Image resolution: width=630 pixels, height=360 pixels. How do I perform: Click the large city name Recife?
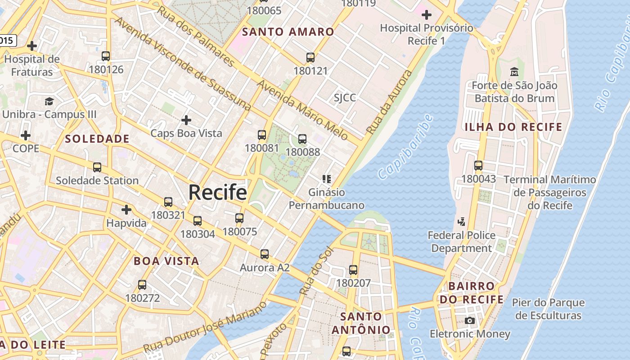[218, 193]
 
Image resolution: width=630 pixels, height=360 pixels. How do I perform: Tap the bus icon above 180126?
[106, 56]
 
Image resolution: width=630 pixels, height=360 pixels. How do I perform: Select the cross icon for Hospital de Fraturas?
[32, 46]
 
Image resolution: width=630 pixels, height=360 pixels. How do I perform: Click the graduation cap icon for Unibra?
[49, 101]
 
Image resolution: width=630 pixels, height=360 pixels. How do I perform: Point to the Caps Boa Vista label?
[186, 133]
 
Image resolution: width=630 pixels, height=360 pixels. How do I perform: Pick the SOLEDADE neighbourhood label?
[97, 139]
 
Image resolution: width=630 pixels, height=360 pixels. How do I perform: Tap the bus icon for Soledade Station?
[97, 167]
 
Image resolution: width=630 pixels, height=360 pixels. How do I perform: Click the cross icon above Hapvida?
[126, 210]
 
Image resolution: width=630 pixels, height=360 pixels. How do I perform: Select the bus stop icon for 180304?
[198, 221]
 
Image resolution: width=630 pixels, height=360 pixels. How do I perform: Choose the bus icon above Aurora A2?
[265, 254]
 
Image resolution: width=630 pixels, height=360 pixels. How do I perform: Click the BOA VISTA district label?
[166, 261]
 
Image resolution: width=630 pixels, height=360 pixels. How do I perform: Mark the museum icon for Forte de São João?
[514, 72]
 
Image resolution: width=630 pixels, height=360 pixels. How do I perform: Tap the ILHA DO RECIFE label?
[513, 127]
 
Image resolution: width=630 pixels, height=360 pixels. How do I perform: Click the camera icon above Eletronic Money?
[470, 320]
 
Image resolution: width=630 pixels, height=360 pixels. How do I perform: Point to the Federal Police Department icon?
[461, 221]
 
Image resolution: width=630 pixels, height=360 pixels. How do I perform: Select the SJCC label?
[345, 98]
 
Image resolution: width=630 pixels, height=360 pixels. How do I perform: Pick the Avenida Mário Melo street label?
[302, 110]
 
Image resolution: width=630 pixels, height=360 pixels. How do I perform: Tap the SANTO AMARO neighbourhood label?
[288, 32]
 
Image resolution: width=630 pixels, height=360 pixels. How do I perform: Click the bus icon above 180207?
[353, 270]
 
